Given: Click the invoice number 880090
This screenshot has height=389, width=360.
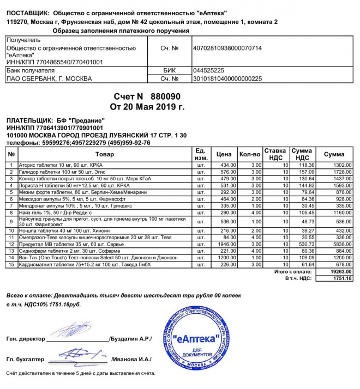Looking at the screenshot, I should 165,96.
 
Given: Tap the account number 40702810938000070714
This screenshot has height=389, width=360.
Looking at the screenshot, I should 227,48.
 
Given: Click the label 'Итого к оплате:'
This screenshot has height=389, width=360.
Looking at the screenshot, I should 293,271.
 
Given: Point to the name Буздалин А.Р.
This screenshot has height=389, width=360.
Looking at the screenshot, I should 131,339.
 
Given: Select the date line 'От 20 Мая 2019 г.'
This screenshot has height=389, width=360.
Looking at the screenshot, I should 147,106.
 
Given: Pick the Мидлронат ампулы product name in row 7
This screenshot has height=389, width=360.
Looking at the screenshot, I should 61,206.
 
